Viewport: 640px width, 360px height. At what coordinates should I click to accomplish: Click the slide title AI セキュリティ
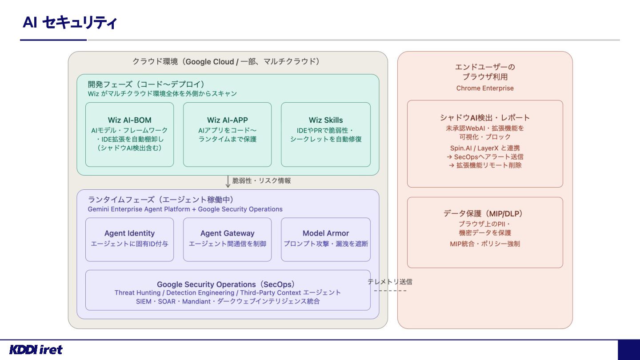coord(70,22)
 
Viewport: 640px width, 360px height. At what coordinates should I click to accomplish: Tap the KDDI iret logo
coord(36,350)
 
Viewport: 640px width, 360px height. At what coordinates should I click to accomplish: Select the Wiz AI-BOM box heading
coord(130,120)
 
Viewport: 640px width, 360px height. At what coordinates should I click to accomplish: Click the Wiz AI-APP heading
coord(228,120)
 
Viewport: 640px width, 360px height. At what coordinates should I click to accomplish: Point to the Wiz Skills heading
coord(326,120)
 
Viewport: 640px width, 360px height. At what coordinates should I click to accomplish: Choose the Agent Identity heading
coord(129,233)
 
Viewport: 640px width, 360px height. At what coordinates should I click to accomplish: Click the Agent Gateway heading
coord(228,233)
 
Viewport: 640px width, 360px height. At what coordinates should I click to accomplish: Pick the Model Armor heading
coord(326,233)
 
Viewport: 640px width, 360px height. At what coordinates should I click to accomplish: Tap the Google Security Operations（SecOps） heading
coord(226,284)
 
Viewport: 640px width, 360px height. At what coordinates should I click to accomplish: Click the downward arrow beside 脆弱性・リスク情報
coord(228,181)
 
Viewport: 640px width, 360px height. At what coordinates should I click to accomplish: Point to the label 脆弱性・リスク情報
coord(261,180)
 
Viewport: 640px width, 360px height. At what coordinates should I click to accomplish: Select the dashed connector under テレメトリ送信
coord(390,291)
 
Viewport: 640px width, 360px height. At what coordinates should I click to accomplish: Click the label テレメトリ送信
coord(390,282)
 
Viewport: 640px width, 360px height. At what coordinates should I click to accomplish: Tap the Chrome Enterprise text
coord(485,88)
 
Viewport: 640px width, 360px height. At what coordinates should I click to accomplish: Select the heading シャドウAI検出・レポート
coord(485,117)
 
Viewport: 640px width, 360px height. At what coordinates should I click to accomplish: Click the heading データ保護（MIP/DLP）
coord(485,213)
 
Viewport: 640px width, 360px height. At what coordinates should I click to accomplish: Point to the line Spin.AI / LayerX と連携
coord(485,148)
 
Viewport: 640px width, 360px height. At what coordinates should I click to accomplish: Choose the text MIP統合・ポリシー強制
coord(485,244)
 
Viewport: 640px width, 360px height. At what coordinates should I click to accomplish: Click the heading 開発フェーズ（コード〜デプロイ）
coord(146,84)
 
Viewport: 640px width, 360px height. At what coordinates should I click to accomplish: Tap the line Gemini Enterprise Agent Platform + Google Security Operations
coord(185,209)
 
